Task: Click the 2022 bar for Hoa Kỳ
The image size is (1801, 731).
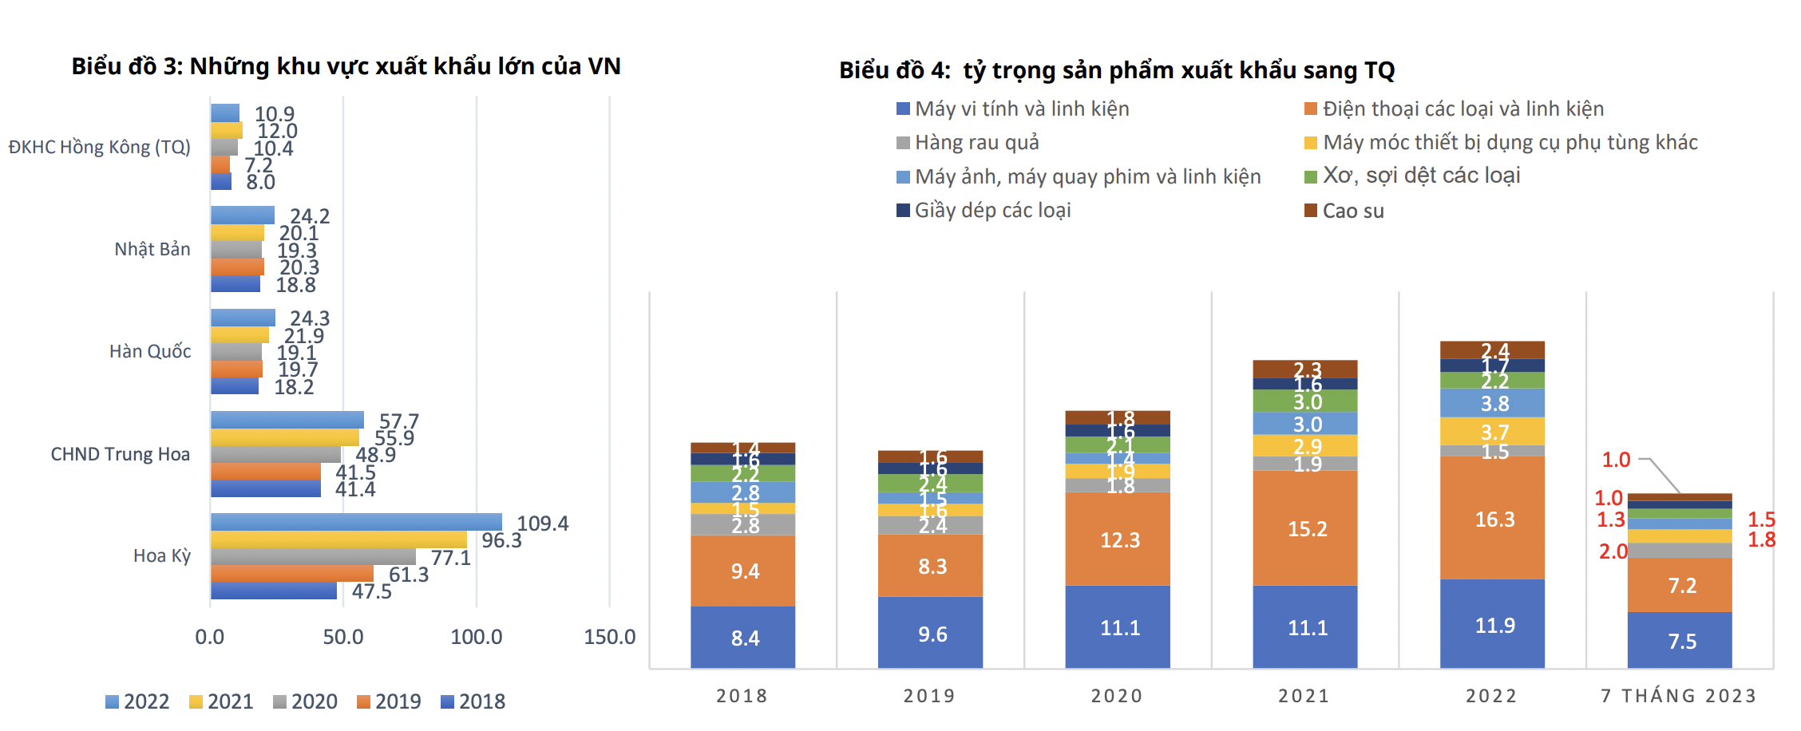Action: click(x=356, y=522)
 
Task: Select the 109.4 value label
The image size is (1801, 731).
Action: click(x=543, y=524)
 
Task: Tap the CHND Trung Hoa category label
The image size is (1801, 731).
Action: click(x=121, y=454)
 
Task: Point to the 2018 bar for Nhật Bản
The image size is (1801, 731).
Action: click(x=236, y=284)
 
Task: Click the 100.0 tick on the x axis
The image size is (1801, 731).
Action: click(x=477, y=637)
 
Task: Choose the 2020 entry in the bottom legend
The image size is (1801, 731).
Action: click(x=306, y=701)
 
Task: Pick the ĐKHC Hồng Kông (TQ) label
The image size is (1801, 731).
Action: click(x=100, y=147)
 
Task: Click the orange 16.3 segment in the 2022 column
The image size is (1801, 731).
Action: click(x=1492, y=518)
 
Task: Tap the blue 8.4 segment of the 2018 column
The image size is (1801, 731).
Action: click(x=742, y=637)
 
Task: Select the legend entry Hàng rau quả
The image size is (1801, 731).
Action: click(x=968, y=143)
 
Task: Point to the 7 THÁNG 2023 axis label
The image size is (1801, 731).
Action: click(x=1679, y=696)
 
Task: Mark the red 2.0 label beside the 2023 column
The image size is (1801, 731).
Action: click(x=1613, y=551)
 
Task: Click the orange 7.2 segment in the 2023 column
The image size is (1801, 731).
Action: click(x=1680, y=585)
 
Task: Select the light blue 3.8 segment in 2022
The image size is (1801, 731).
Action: click(x=1492, y=403)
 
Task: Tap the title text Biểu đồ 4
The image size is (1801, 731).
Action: click(x=894, y=70)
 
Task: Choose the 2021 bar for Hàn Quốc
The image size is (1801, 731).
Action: click(x=239, y=335)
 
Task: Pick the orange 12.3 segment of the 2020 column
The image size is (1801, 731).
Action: click(x=1118, y=539)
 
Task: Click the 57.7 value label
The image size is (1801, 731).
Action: click(x=399, y=421)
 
